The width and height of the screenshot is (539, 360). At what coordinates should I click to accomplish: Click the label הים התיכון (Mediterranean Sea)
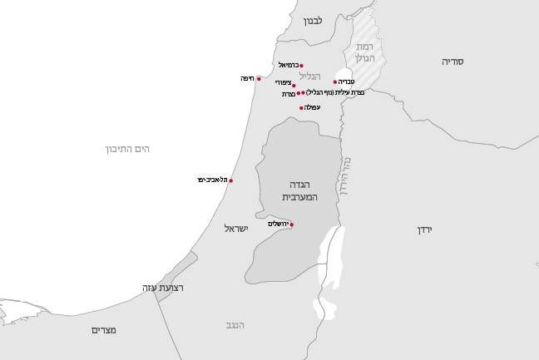point(126,149)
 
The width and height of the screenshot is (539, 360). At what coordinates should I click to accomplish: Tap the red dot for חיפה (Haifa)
point(259,79)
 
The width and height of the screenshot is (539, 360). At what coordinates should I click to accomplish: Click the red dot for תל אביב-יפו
point(230,180)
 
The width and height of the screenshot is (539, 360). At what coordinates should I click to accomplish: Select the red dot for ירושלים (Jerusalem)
point(291,224)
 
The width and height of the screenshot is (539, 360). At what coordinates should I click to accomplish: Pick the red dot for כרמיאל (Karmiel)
point(301,66)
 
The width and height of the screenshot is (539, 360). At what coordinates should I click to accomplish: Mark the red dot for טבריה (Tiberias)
point(335,81)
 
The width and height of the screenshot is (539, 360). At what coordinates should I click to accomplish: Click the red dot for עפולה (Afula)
point(300,108)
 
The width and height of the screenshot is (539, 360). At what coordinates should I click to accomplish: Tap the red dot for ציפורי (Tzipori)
point(294,85)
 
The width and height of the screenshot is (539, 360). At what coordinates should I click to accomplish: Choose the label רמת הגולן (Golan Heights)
point(366,53)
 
